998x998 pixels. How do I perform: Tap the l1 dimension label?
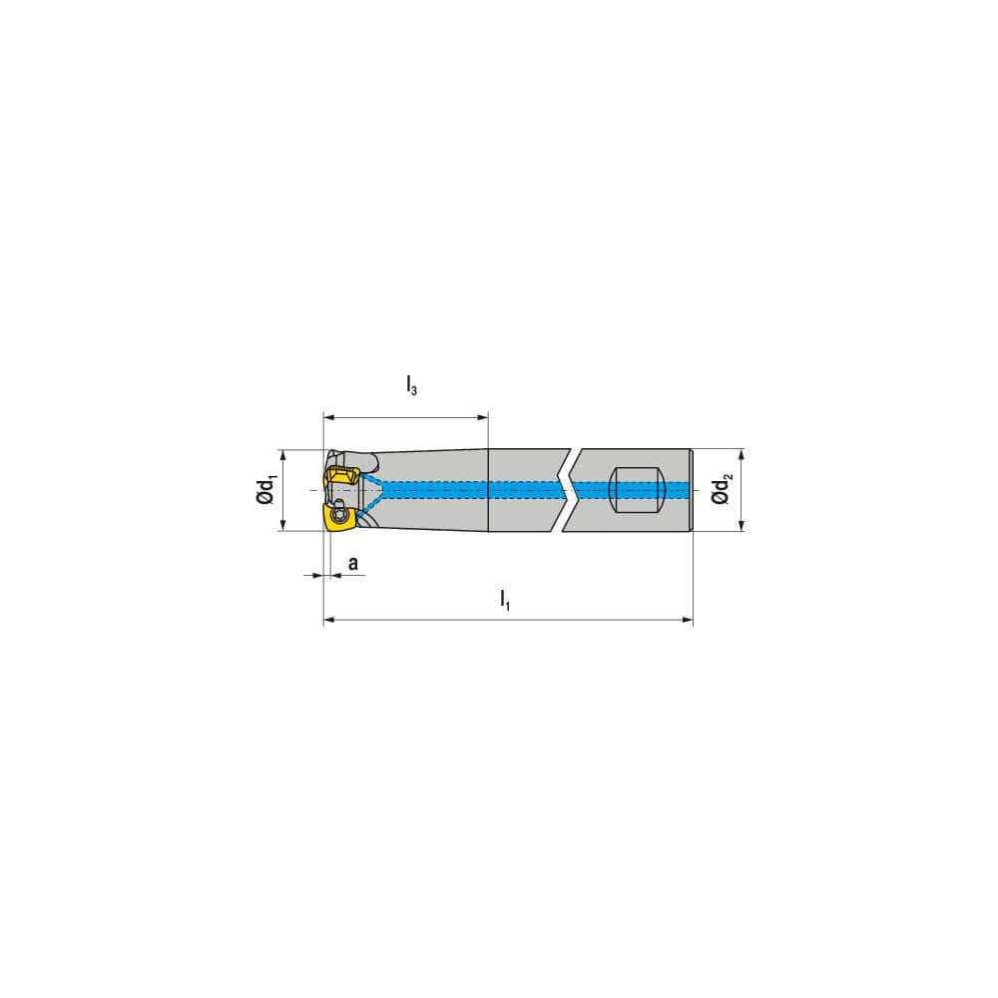[x=505, y=600]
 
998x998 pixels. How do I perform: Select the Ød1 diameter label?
[x=265, y=491]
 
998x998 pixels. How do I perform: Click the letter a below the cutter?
[x=352, y=565]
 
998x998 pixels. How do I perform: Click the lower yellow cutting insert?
[x=336, y=518]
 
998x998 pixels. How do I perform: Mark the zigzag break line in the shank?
[x=566, y=489]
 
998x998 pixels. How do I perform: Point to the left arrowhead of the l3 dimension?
[x=328, y=417]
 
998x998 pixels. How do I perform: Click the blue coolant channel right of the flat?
[x=679, y=489]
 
